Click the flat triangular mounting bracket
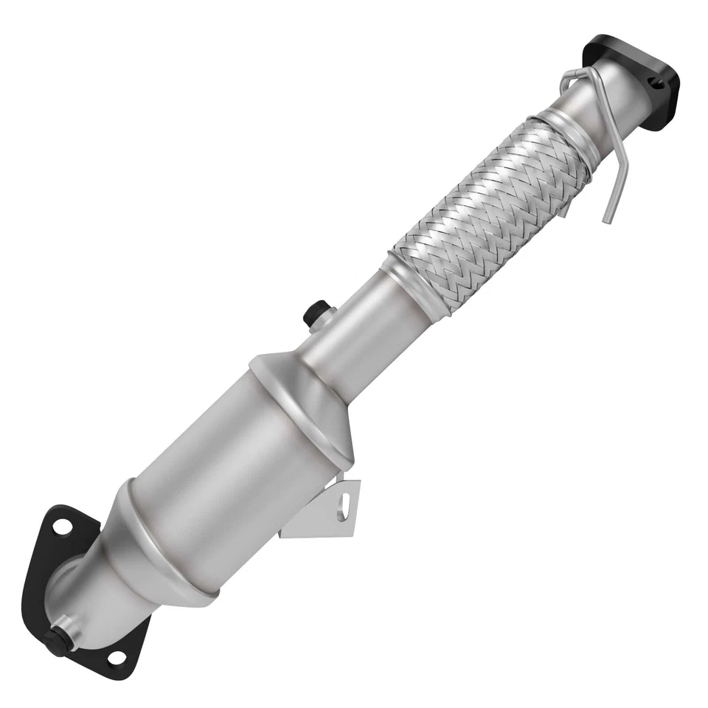(324, 516)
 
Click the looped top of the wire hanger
(572, 76)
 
